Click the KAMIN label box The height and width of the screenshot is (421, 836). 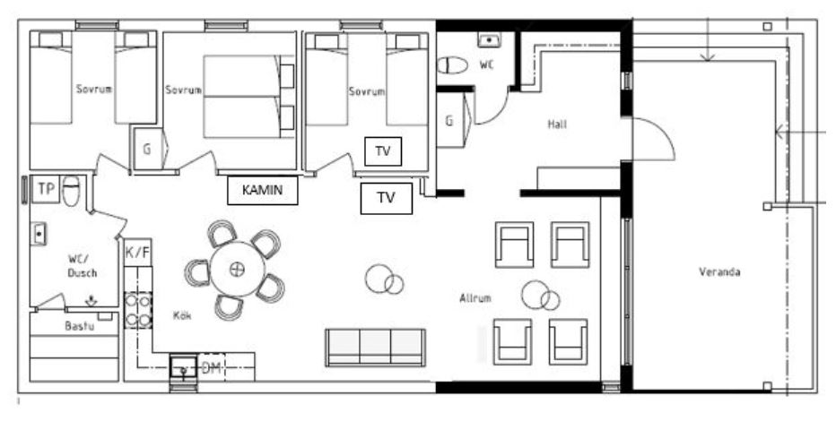(x=262, y=190)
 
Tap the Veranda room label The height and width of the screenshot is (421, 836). (x=719, y=272)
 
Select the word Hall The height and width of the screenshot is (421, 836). (x=557, y=125)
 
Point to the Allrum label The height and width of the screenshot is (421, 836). (x=475, y=298)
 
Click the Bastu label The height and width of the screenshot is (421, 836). (x=80, y=326)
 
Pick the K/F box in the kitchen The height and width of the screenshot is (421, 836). (x=137, y=253)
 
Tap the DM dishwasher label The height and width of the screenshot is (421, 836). (x=212, y=368)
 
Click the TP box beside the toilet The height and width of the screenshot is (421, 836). (x=46, y=189)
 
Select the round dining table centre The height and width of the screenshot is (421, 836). (x=238, y=270)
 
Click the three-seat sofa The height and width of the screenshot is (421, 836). (x=375, y=348)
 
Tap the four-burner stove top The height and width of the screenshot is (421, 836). (x=138, y=310)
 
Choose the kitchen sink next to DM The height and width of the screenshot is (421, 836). (x=183, y=366)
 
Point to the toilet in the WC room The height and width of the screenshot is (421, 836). (x=453, y=65)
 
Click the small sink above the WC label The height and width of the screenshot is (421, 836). (x=488, y=40)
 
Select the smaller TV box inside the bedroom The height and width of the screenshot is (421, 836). (x=383, y=151)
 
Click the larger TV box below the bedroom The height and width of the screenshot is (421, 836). (x=386, y=199)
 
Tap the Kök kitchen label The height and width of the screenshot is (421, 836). (x=182, y=315)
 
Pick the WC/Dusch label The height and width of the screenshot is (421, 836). (x=83, y=266)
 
